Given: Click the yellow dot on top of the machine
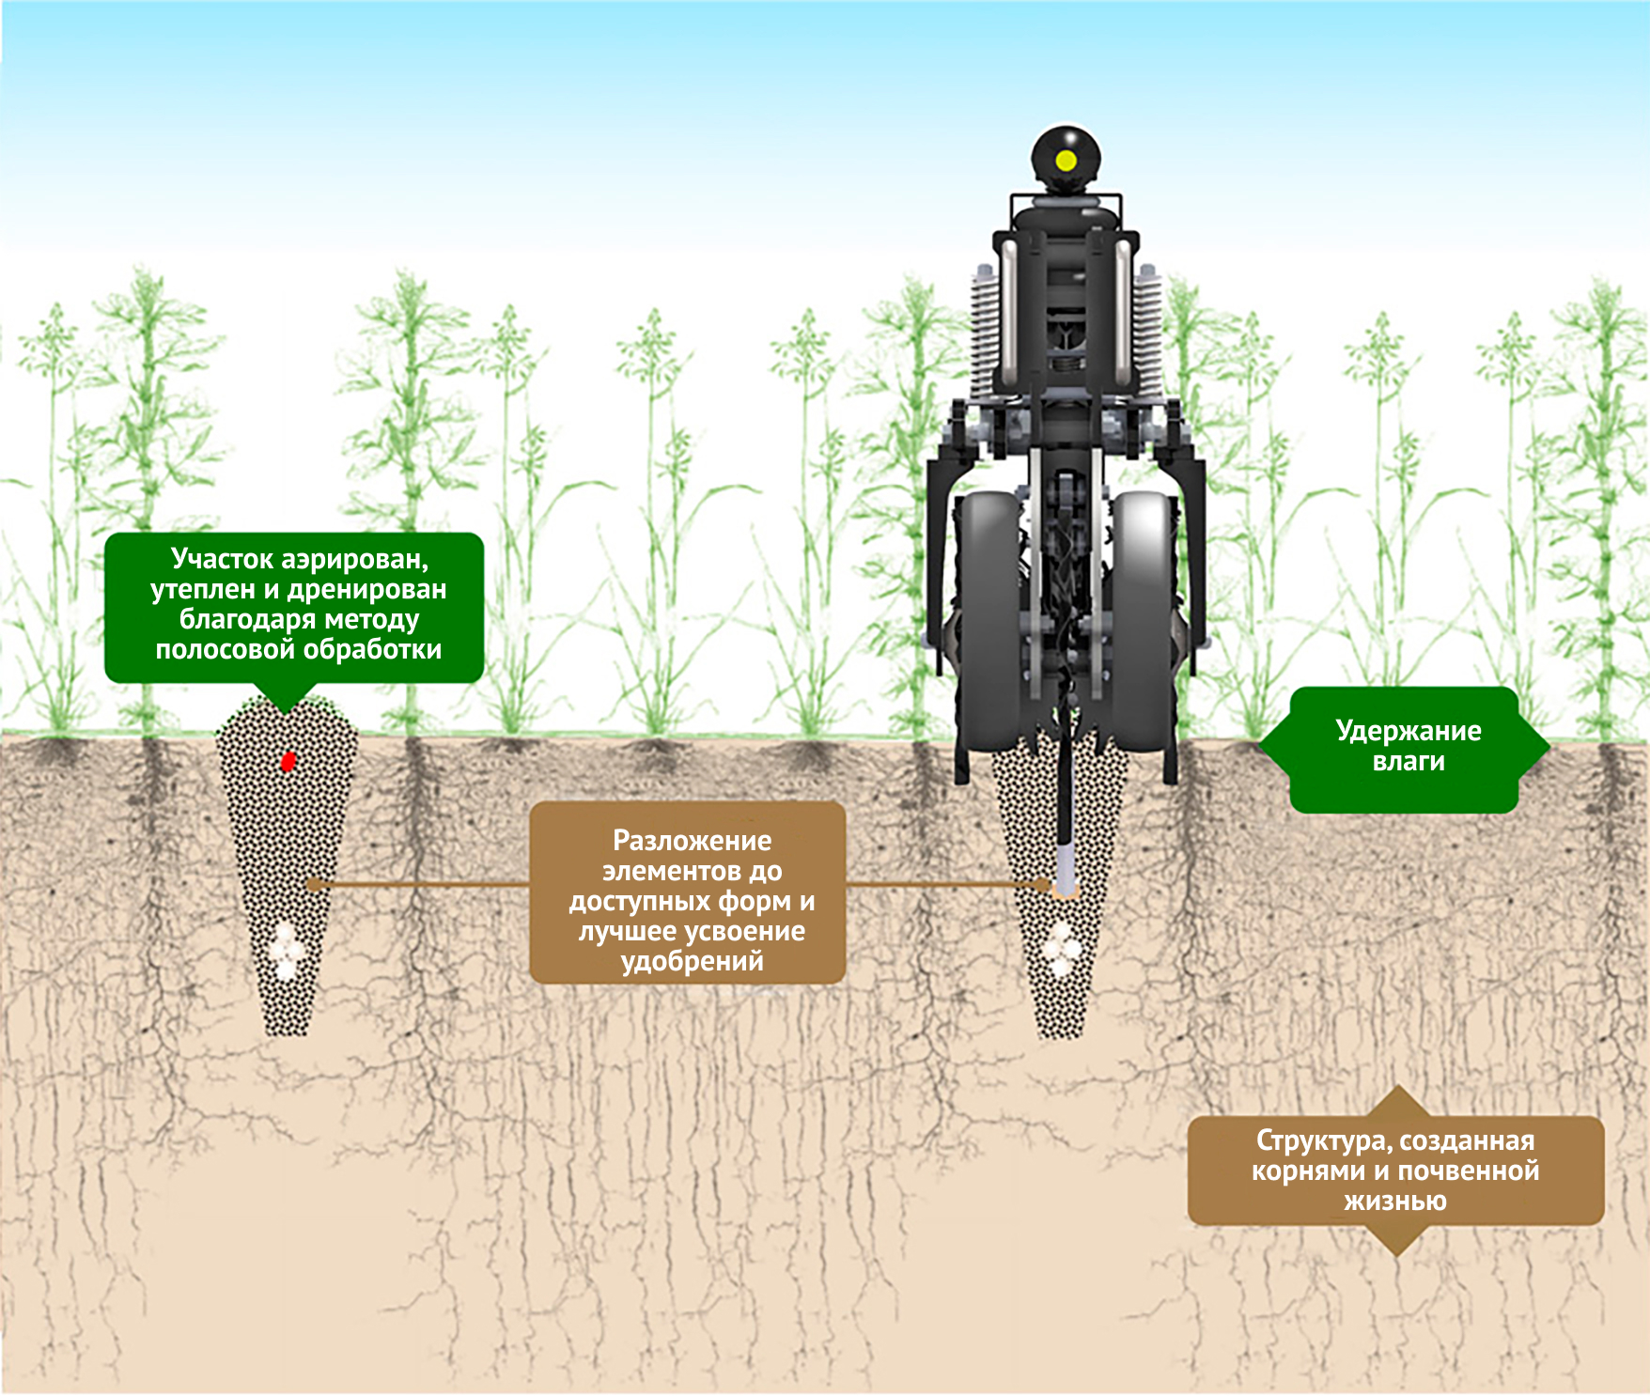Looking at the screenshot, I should point(1066,161).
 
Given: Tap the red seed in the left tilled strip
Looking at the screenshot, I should point(288,761).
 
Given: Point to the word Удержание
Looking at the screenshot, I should point(1408,731).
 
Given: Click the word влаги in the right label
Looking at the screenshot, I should point(1408,761).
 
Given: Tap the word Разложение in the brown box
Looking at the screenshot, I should point(692,840).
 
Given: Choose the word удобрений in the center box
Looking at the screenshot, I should point(692,961).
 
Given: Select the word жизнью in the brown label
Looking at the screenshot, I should point(1394,1201).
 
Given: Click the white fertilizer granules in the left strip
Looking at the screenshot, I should point(287,951).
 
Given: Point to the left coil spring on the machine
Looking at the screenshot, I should point(984,329).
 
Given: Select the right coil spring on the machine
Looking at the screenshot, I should point(1148,329).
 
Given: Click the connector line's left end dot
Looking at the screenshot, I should point(314,884).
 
